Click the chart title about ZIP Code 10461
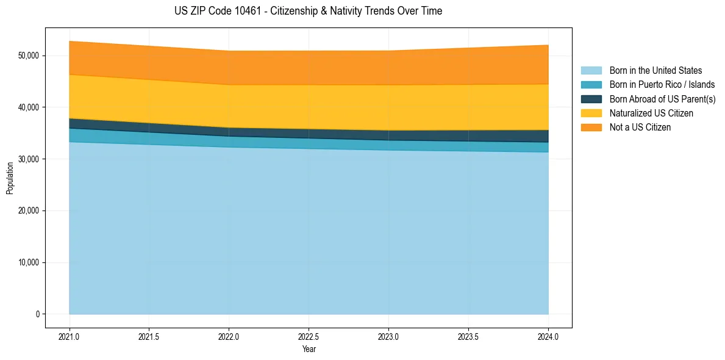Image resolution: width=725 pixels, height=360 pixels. (309, 11)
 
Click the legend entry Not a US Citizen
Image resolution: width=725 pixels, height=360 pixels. (640, 127)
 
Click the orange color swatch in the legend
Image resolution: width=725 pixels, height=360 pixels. (591, 127)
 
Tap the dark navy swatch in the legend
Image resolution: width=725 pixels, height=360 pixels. (591, 99)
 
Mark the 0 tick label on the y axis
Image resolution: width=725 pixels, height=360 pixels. (37, 314)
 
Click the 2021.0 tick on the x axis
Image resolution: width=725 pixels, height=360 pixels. (70, 336)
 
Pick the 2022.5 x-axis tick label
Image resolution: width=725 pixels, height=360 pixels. (309, 336)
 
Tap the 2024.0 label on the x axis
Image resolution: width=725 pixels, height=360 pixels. (548, 336)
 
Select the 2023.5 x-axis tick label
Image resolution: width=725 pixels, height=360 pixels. (468, 336)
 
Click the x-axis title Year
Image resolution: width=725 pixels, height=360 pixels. (309, 349)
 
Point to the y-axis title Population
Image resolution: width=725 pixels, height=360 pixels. (10, 178)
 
